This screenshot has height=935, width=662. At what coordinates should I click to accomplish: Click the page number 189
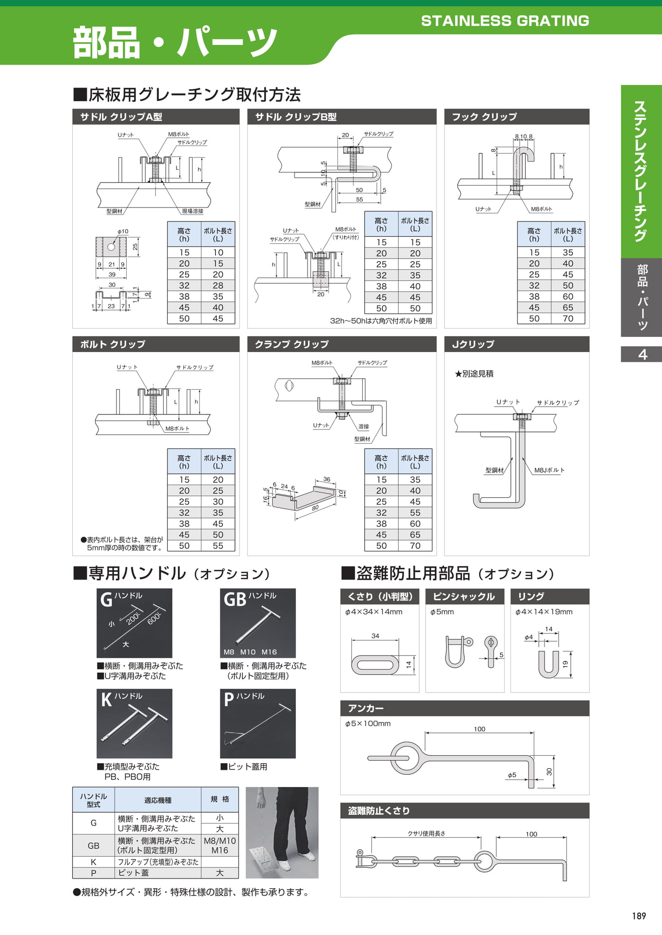[x=639, y=916]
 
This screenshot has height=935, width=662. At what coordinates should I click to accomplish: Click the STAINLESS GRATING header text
[x=505, y=21]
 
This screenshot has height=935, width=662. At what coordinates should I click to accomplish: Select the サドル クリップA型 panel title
[x=121, y=117]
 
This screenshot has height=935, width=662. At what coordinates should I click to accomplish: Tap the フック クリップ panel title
[x=484, y=117]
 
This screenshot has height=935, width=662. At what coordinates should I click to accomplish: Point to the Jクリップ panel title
[x=473, y=344]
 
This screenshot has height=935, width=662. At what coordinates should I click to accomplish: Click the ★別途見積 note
[x=474, y=374]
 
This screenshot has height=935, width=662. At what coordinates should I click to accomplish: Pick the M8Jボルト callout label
[x=549, y=470]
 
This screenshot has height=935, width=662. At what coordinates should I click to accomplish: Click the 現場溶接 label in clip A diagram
[x=193, y=211]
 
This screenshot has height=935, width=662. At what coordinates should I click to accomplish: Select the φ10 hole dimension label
[x=123, y=231]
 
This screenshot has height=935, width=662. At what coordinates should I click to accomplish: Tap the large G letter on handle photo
[x=106, y=599]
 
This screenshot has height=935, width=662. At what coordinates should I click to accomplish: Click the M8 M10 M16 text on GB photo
[x=250, y=652]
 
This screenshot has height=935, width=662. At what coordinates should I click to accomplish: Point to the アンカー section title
[x=366, y=708]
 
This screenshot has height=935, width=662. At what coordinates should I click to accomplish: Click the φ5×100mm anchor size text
[x=368, y=723]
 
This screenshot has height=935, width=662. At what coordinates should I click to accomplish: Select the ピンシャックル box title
[x=464, y=597]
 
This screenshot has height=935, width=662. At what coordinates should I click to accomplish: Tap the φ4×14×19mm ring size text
[x=544, y=612]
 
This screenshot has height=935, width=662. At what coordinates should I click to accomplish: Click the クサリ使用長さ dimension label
[x=427, y=833]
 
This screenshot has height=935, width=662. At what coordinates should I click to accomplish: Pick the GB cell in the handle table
[x=94, y=845]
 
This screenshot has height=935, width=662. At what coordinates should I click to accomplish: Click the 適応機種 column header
[x=158, y=800]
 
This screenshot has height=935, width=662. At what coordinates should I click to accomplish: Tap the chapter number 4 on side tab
[x=643, y=354]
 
